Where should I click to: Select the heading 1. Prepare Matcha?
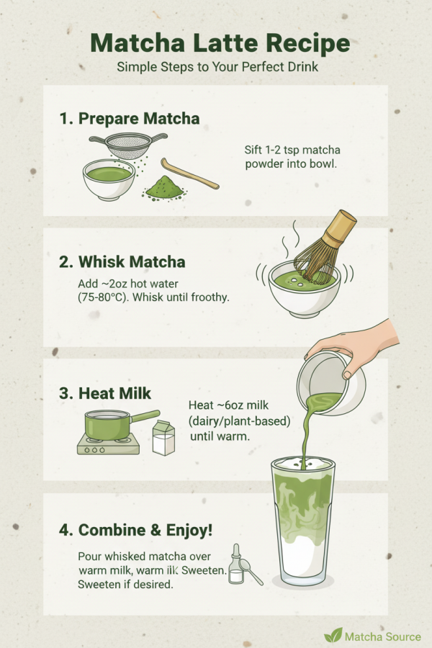[130, 119]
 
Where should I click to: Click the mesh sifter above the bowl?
[129, 145]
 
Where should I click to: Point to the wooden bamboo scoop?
[189, 174]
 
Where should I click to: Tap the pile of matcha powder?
[165, 188]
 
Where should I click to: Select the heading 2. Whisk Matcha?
[122, 262]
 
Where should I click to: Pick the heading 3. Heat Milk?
[105, 393]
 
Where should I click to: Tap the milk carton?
[163, 438]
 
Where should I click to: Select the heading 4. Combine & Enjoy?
[135, 530]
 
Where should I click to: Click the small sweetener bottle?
[236, 564]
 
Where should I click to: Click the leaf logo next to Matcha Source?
[333, 635]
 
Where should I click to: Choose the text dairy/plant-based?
[239, 420]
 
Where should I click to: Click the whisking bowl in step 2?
[305, 289]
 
